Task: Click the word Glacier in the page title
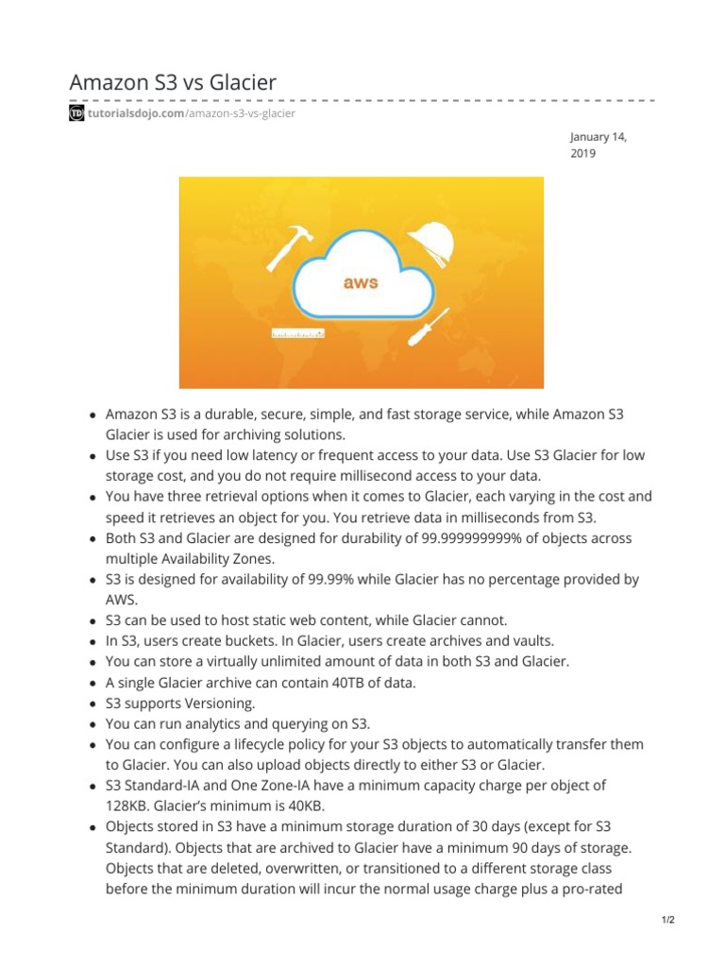[241, 83]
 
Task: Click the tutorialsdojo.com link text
[136, 113]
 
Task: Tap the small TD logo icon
[77, 113]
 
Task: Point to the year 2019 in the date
[583, 153]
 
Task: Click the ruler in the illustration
[298, 333]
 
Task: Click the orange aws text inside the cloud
[362, 281]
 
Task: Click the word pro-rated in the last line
[593, 888]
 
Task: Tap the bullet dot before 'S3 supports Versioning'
[93, 704]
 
